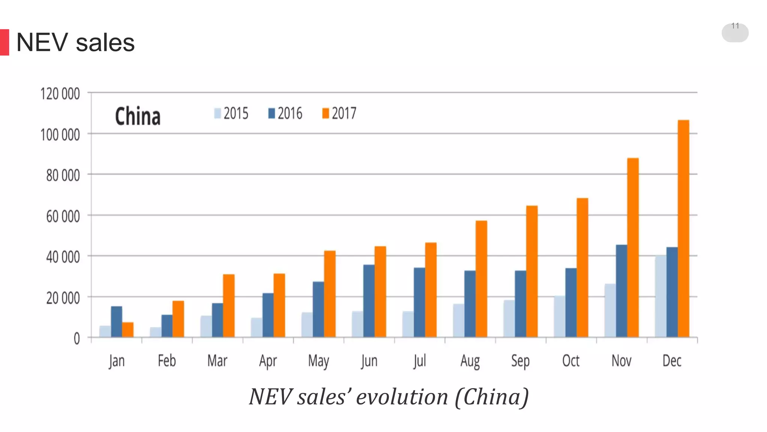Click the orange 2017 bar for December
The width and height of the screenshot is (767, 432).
pos(683,229)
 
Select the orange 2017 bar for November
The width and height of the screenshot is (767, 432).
pos(633,247)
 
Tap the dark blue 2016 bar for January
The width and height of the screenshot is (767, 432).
pos(116,322)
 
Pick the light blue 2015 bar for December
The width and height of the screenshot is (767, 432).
pos(660,296)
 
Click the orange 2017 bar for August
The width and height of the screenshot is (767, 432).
pos(481,279)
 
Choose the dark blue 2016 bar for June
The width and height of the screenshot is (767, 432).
pos(369,301)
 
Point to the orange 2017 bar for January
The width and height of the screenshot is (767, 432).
pos(128,330)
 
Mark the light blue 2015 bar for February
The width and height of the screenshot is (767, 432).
pos(155,332)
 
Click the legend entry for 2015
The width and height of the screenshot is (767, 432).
pos(231,113)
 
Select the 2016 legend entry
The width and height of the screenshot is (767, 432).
pos(285,113)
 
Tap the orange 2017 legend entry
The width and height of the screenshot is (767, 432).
pos(339,113)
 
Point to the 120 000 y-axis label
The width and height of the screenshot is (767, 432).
pos(60,94)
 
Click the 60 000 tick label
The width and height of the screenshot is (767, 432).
pos(63,216)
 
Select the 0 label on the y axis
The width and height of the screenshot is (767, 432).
pos(77,339)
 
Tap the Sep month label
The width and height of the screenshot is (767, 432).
pos(520,361)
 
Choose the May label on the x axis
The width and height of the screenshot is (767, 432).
pos(318,361)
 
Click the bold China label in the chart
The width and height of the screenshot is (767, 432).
pos(137,116)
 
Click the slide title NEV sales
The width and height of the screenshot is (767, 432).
pos(75,42)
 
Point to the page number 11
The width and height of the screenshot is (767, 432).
pos(735,26)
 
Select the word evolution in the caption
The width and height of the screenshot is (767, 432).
pos(402,397)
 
